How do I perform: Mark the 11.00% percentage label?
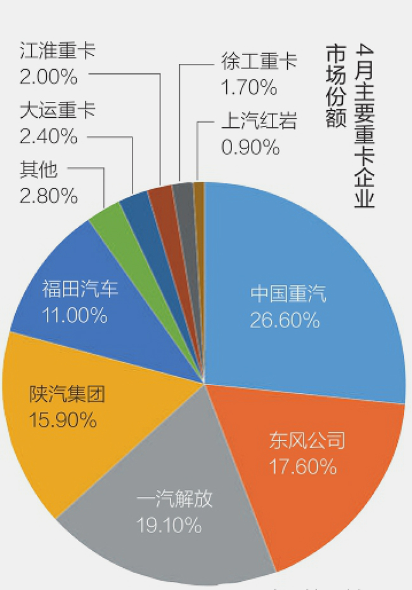click(x=74, y=315)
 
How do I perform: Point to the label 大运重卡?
click(x=58, y=111)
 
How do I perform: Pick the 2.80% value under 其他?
click(x=49, y=196)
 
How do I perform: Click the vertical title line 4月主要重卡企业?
click(x=366, y=127)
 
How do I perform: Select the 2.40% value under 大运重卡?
click(x=49, y=136)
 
